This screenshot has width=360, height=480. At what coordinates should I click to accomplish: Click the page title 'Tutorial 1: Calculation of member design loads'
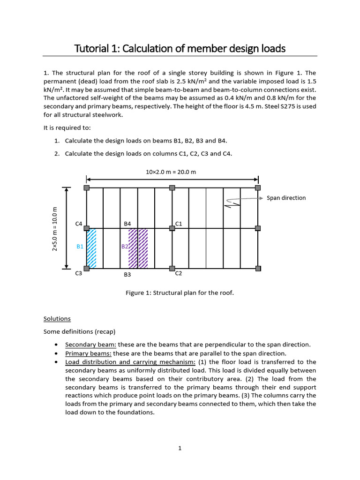coord(180,48)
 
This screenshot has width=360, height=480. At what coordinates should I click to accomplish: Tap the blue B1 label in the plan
coord(80,246)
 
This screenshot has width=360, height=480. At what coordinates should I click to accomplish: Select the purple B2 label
coord(125,246)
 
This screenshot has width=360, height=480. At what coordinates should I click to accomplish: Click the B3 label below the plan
coord(127,275)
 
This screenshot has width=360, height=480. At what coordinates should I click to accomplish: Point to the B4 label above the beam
coord(127,224)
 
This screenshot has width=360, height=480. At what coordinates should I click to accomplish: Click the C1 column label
coord(179,224)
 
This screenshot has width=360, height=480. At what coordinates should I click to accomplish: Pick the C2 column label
coord(179,273)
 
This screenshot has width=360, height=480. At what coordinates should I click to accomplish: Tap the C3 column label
coord(79,274)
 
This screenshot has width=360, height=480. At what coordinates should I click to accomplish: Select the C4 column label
coord(79,224)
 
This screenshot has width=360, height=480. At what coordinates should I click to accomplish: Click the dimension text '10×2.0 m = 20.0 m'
coord(171,172)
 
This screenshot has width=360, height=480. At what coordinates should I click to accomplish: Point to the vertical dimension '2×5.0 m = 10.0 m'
coord(55,229)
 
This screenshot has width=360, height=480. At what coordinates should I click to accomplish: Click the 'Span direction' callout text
coord(286,198)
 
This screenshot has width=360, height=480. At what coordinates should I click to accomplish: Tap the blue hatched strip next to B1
coord(92,248)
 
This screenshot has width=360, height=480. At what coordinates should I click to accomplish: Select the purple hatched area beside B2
coord(138,248)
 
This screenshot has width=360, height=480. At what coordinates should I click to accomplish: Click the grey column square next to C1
coord(172,228)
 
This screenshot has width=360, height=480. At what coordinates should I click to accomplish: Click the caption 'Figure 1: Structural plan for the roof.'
coord(180,293)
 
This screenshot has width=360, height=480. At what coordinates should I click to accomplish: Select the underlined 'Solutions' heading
coord(57,319)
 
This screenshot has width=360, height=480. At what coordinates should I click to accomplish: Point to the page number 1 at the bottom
coord(180,449)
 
